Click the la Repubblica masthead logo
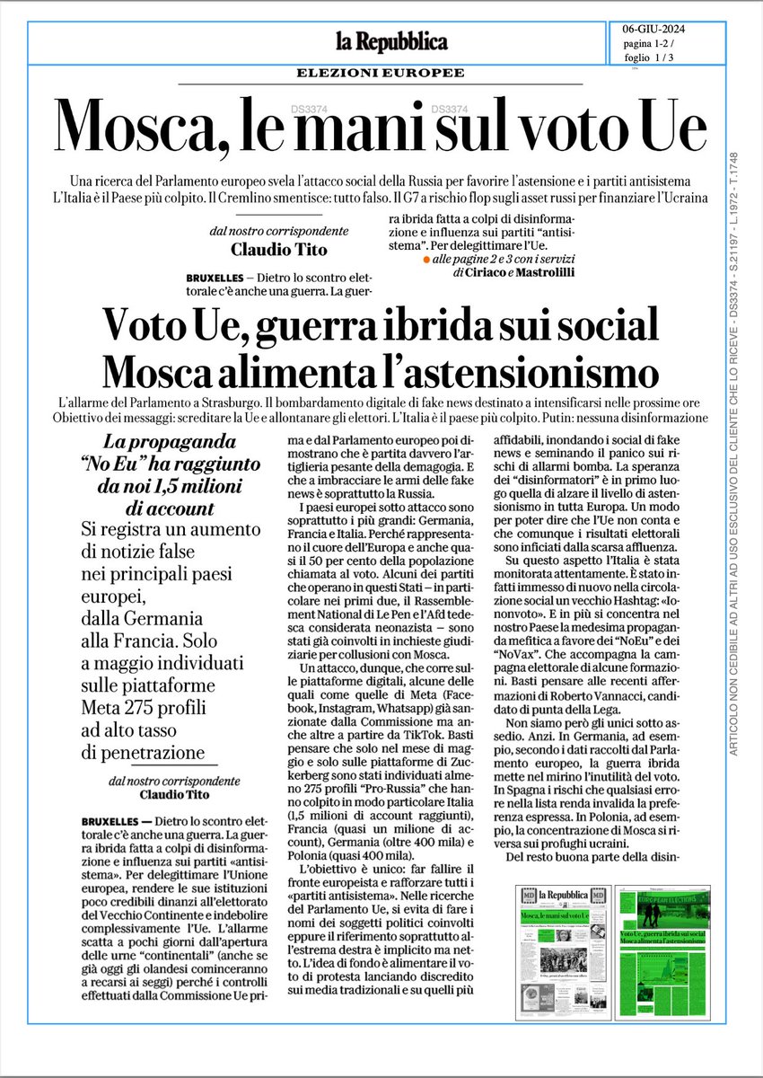coord(391,41)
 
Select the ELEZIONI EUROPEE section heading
coord(392,73)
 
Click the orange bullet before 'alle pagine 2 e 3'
coord(425,258)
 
